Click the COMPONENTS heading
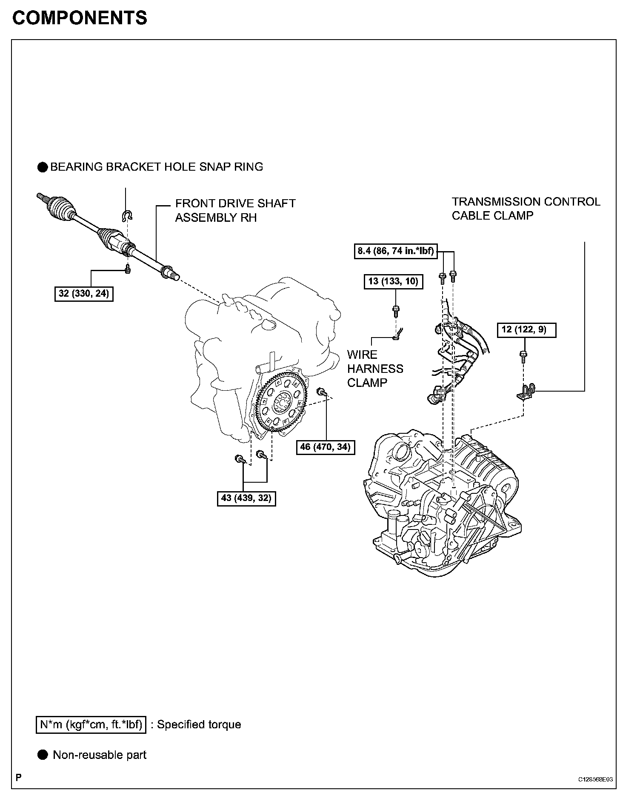pos(80,18)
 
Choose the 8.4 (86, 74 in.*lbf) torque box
pos(395,251)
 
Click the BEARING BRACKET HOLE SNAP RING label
pos(156,167)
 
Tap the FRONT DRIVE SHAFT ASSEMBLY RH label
pos(235,210)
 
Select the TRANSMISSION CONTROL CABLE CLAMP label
pos(526,209)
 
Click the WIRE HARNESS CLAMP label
pos(374,369)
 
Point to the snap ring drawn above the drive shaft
pos(127,215)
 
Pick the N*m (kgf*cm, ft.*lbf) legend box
pos(91,724)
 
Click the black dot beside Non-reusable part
pos(43,755)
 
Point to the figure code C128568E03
pos(595,779)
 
